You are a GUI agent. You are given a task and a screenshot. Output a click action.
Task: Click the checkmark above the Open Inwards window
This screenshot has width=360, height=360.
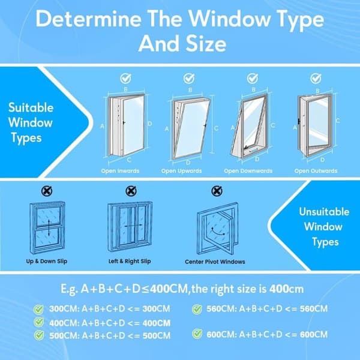tap(125, 79)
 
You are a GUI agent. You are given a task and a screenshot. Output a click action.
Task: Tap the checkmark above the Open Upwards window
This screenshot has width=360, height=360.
tap(189, 79)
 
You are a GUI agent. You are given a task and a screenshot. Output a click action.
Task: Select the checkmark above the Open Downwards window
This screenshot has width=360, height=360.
tap(253, 79)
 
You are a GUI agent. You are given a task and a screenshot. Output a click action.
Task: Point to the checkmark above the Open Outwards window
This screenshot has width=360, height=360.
tap(316, 79)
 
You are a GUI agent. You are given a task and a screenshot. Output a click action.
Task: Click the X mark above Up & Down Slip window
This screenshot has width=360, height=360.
tap(47, 191)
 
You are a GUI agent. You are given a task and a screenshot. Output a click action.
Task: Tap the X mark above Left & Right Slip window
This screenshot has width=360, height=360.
tap(131, 191)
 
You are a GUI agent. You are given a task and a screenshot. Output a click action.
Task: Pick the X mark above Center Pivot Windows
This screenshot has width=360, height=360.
tap(217, 191)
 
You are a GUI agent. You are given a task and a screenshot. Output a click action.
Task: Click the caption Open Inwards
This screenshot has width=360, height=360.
tap(121, 171)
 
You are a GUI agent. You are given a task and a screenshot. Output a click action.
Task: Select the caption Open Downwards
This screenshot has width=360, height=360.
tap(248, 171)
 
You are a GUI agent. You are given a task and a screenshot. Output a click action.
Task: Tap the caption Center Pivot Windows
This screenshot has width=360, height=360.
tap(215, 262)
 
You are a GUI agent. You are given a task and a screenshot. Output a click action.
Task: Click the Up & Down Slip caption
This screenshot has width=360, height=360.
tap(47, 261)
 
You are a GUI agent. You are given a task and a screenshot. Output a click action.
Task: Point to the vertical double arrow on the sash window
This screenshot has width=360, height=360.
tap(49, 227)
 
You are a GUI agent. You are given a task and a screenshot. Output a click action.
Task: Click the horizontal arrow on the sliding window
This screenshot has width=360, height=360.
tap(133, 226)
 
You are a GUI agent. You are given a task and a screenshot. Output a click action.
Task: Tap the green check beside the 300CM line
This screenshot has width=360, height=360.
tap(38, 309)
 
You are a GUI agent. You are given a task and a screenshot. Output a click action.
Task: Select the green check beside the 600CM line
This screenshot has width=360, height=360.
tap(197, 334)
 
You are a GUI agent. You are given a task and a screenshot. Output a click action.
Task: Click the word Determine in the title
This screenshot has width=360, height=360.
tap(88, 19)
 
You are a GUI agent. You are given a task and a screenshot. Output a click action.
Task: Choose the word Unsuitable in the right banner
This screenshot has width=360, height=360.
tap(324, 212)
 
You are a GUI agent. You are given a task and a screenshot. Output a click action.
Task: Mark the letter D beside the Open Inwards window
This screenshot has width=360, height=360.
tap(149, 124)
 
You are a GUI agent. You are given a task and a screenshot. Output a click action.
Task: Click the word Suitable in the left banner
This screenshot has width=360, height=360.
tap(31, 107)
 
